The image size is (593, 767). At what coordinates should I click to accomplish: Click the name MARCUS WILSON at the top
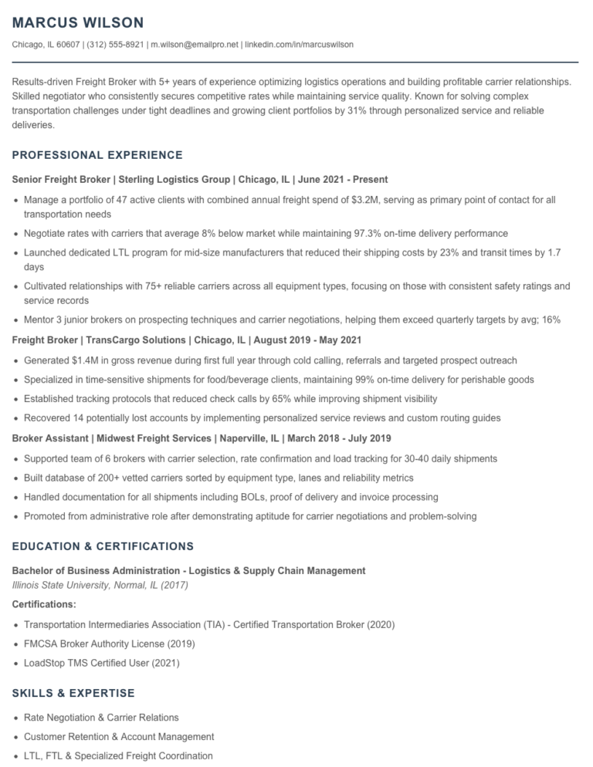tap(78, 23)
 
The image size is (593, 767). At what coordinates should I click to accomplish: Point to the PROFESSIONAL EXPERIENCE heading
tap(97, 155)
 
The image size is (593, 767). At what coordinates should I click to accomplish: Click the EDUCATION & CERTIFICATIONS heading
tap(103, 546)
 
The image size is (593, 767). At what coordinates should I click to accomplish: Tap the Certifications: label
tap(44, 604)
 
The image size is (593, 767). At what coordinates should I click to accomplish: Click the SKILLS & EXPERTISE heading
tap(73, 693)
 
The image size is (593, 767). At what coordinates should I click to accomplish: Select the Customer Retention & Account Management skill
tap(119, 737)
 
